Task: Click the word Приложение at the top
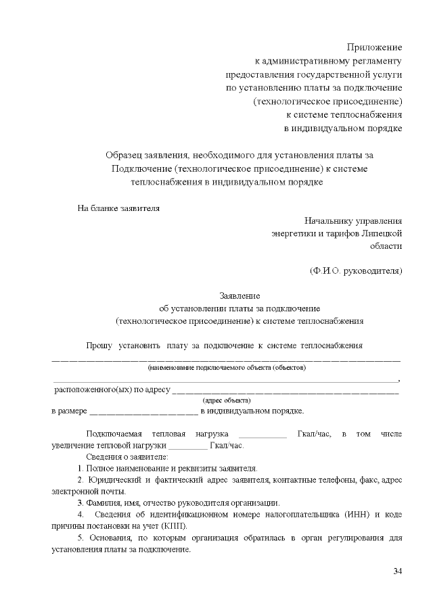[x=374, y=47]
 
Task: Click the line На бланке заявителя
[x=119, y=208]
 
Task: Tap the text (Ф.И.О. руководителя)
[x=356, y=271]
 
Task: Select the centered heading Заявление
[x=240, y=296]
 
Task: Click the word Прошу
[x=99, y=346]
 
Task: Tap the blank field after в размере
[x=143, y=412]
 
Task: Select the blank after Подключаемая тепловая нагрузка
[x=263, y=434]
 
